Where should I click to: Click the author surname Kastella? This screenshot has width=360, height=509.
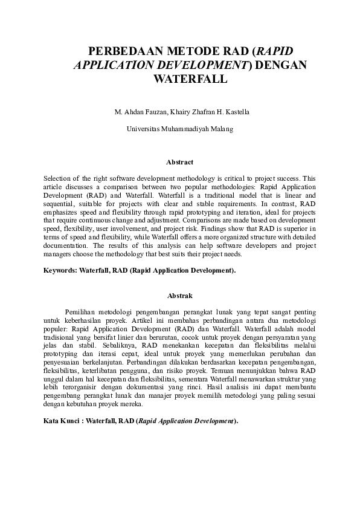pyautogui.click(x=237, y=112)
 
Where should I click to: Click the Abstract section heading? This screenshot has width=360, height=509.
pyautogui.click(x=180, y=162)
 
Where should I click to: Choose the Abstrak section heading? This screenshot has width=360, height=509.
pyautogui.click(x=180, y=296)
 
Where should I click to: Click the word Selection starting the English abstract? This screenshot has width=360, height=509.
pyautogui.click(x=57, y=179)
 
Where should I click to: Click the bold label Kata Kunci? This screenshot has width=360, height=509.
pyautogui.click(x=61, y=420)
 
